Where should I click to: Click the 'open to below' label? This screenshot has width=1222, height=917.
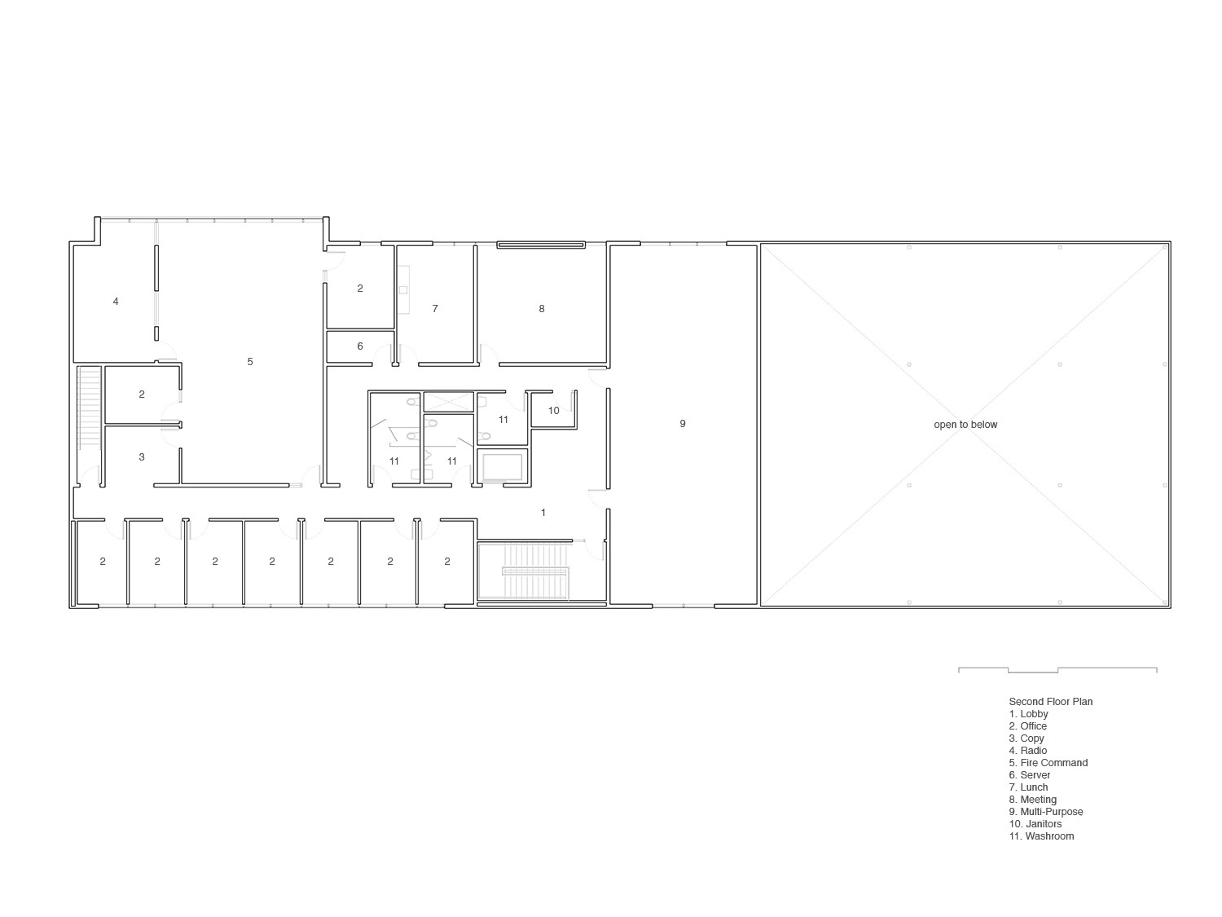point(965,425)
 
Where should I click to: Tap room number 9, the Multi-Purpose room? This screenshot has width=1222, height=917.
point(683,423)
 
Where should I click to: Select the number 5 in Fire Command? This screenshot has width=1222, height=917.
point(250,361)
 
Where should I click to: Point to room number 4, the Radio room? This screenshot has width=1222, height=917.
point(116,302)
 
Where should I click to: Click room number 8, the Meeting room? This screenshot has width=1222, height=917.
point(542,309)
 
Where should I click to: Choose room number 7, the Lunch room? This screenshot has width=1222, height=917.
point(435,309)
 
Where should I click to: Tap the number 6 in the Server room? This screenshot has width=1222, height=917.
point(360,346)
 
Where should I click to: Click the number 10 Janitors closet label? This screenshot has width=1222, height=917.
point(554,411)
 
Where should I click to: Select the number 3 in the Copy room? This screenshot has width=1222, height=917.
point(142,457)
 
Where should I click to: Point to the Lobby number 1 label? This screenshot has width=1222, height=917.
point(543,513)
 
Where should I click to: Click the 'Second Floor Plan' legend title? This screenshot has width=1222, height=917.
point(1050,702)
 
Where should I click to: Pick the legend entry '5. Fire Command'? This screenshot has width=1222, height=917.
point(1048,763)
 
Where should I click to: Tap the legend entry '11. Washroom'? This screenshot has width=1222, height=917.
point(1041,836)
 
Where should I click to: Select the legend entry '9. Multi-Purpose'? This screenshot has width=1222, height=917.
point(1045,812)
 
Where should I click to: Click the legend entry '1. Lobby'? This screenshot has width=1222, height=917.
point(1028,714)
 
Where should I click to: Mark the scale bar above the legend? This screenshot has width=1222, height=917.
point(1057,670)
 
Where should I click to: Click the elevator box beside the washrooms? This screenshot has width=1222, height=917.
point(503,467)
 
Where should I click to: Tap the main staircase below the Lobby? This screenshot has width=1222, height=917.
point(525,572)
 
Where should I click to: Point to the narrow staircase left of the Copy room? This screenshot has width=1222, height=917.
point(89,408)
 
